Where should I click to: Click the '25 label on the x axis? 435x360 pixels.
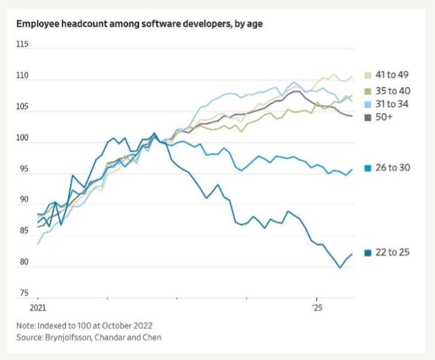tap(316, 307)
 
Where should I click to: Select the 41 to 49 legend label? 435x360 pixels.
tap(393, 74)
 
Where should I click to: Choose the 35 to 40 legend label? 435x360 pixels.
tap(393, 90)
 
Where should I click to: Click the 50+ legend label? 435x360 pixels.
tap(384, 117)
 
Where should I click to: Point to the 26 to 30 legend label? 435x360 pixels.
tap(393, 168)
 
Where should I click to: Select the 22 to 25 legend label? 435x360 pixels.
tap(393, 252)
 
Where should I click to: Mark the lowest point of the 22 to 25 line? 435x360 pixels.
tap(340, 268)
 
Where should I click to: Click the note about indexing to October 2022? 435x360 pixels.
tap(84, 325)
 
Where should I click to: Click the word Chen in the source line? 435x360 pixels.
tap(153, 336)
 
